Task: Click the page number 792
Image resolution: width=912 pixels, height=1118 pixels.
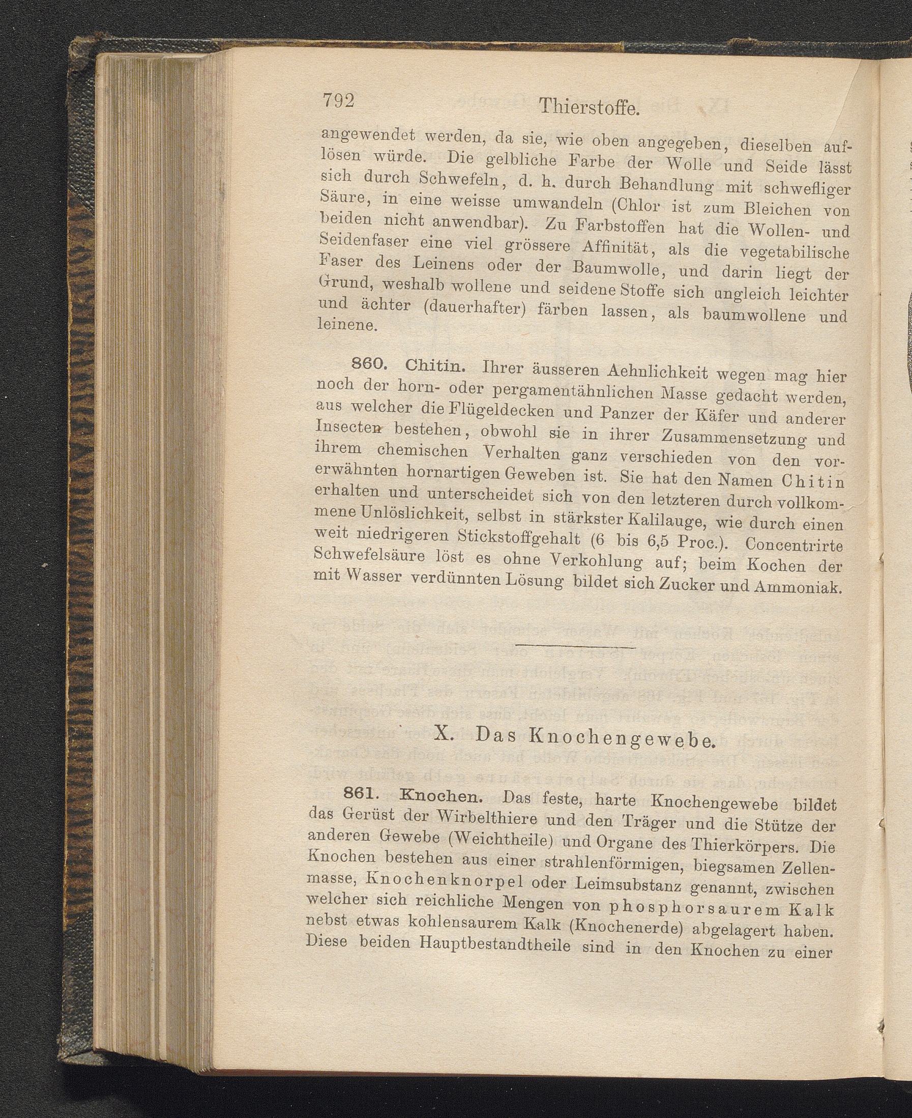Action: pos(339,99)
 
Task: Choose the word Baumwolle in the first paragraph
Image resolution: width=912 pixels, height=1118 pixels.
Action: pos(614,270)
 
